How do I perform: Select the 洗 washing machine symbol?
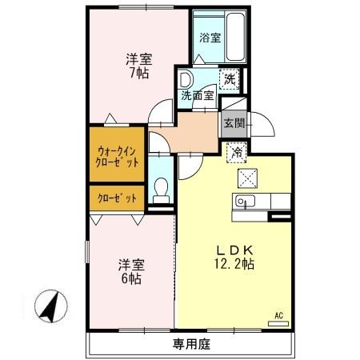231,79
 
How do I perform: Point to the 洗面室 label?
197,95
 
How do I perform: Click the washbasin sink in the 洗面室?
186,79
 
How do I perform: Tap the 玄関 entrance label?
234,123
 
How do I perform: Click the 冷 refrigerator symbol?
237,150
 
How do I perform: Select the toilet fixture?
162,190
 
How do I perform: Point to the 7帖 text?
138,73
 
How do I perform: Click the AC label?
279,314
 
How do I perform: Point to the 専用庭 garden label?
190,346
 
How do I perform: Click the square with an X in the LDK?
246,178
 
